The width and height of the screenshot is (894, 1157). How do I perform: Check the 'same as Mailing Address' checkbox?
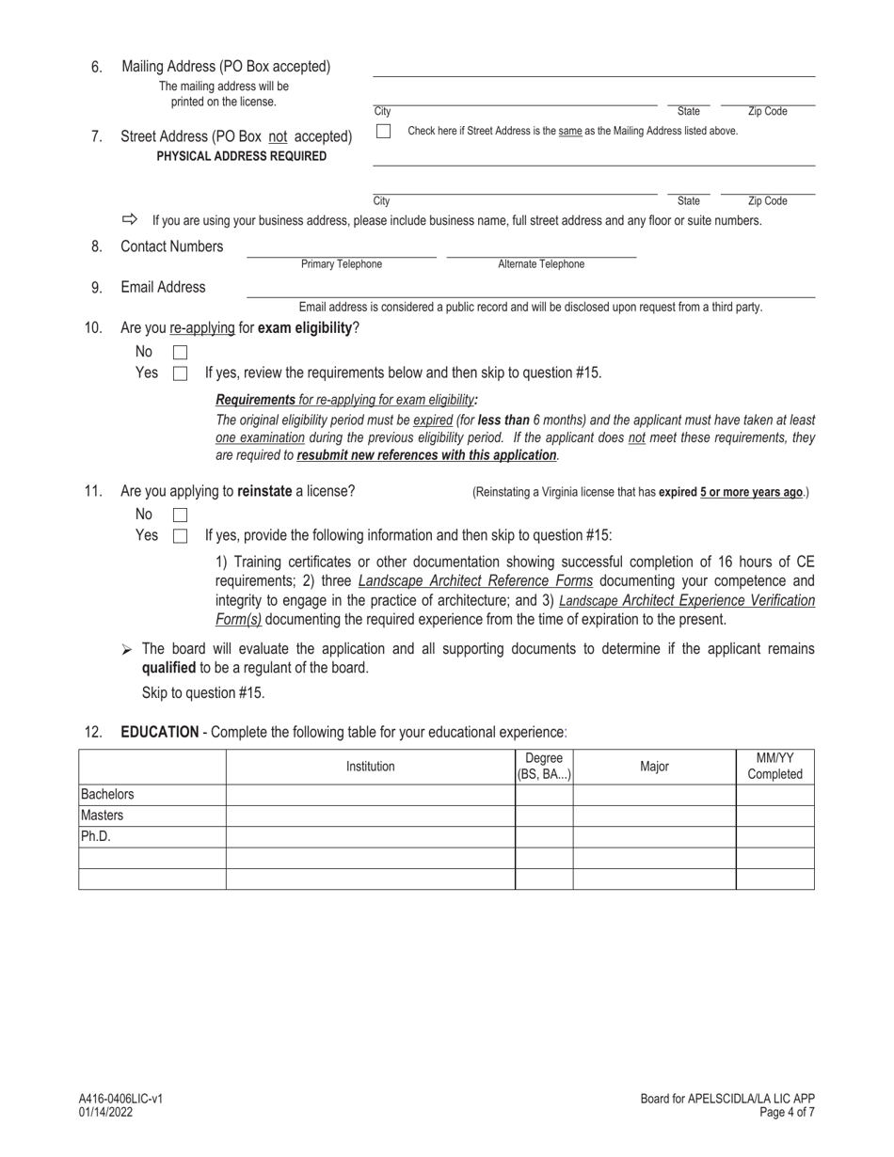383,132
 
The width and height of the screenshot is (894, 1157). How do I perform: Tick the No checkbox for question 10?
180,353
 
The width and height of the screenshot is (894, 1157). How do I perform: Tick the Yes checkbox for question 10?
180,373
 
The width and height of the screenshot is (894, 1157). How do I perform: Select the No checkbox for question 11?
180,515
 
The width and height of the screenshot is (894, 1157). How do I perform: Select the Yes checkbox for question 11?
180,536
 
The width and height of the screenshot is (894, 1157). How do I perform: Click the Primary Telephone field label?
342,264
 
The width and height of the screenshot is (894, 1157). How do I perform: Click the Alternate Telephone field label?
541,264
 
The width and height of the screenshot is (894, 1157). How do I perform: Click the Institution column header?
370,767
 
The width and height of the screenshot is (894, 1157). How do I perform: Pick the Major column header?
654,767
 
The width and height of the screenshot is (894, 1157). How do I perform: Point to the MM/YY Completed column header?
774,767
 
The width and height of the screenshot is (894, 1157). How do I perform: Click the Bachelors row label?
107,795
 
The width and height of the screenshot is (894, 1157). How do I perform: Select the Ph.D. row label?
95,836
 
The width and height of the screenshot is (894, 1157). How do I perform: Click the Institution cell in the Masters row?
370,816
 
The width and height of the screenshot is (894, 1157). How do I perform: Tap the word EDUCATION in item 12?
159,732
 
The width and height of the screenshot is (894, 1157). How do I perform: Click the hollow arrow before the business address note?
130,219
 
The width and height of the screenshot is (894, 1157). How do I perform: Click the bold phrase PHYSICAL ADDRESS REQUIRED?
242,156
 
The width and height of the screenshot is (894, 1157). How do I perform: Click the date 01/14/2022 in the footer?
106,1112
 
